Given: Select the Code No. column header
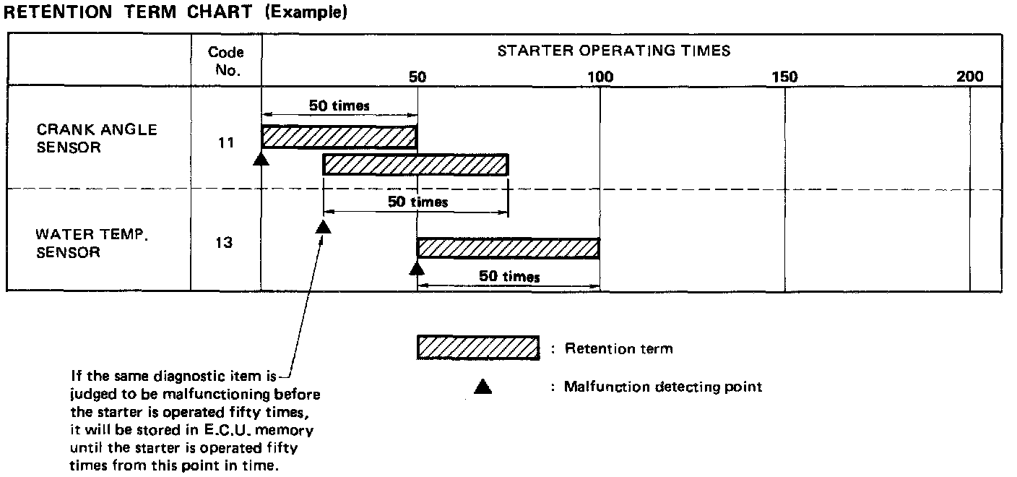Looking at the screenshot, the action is (x=225, y=61).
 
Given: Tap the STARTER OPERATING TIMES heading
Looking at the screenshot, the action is (x=613, y=51).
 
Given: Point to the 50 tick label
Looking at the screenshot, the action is (x=417, y=77).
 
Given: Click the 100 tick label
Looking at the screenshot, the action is (x=600, y=77).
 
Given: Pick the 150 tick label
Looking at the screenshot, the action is (x=784, y=77).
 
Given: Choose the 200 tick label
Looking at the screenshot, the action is (x=969, y=77).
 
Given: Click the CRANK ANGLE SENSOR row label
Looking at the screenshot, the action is (x=97, y=138).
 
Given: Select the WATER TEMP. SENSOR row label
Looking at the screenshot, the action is (x=92, y=244).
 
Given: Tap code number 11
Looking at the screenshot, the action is (x=225, y=142).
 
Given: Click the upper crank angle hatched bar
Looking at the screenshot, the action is (x=339, y=137).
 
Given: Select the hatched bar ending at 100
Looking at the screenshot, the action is (x=508, y=248).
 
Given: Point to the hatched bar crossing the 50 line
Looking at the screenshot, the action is (x=415, y=165).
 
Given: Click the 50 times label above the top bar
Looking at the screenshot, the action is (x=339, y=106).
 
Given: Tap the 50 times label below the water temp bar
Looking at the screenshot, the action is (x=509, y=277).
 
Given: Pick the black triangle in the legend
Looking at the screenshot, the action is (x=482, y=387).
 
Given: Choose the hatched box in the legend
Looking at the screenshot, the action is (x=478, y=348).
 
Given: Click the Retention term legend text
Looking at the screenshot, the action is (x=618, y=348).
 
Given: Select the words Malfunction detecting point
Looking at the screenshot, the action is (x=662, y=387).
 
